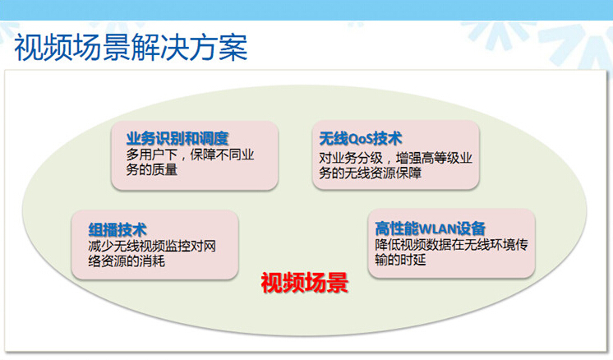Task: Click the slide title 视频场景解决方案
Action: [131, 47]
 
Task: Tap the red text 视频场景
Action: [305, 283]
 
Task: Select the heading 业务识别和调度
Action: [177, 138]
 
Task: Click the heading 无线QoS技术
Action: [361, 138]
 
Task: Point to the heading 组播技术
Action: [118, 230]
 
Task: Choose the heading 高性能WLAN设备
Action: [430, 228]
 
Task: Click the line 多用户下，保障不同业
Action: [190, 155]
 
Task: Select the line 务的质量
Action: [152, 169]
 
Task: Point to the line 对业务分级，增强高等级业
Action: [395, 159]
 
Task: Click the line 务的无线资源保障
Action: [371, 173]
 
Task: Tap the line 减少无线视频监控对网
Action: [152, 247]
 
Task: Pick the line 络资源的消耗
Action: [127, 261]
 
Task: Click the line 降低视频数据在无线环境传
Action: [452, 245]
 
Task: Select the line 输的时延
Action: [400, 259]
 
